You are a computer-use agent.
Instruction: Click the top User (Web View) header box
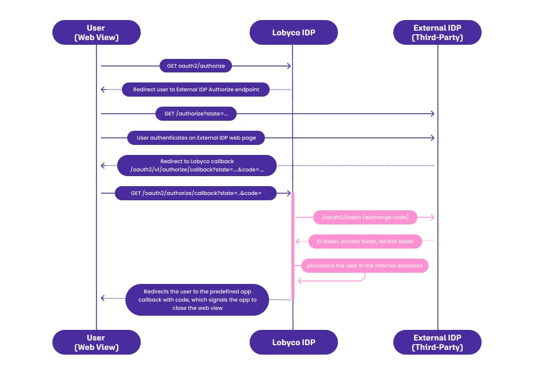pyautogui.click(x=97, y=32)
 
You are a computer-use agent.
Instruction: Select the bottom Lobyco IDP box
pyautogui.click(x=294, y=342)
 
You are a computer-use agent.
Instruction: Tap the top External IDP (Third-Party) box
pyautogui.click(x=437, y=32)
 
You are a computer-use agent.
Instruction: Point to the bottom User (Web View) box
pyautogui.click(x=97, y=342)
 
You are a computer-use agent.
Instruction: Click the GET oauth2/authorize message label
pyautogui.click(x=196, y=66)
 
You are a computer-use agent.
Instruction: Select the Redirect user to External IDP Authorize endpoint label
pyautogui.click(x=196, y=90)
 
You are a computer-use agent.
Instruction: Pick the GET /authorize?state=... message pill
pyautogui.click(x=196, y=114)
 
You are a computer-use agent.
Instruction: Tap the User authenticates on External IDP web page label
pyautogui.click(x=196, y=138)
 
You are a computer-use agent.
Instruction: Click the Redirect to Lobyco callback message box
pyautogui.click(x=197, y=166)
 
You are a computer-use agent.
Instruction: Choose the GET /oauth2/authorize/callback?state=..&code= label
pyautogui.click(x=196, y=193)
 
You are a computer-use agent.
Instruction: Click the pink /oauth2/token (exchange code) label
pyautogui.click(x=365, y=217)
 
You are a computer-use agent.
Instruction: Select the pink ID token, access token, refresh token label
pyautogui.click(x=365, y=242)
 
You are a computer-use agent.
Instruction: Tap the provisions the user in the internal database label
pyautogui.click(x=365, y=266)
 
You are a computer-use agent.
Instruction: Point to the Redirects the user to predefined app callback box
pyautogui.click(x=197, y=300)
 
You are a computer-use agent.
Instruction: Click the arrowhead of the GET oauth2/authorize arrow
pyautogui.click(x=289, y=66)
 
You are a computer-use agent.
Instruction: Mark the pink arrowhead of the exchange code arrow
pyautogui.click(x=433, y=217)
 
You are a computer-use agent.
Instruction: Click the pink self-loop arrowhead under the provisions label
pyautogui.click(x=300, y=281)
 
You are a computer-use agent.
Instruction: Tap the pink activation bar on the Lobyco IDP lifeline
pyautogui.click(x=293, y=246)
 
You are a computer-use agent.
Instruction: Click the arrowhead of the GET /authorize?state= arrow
pyautogui.click(x=433, y=114)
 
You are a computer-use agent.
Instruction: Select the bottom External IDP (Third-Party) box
pyautogui.click(x=437, y=342)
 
